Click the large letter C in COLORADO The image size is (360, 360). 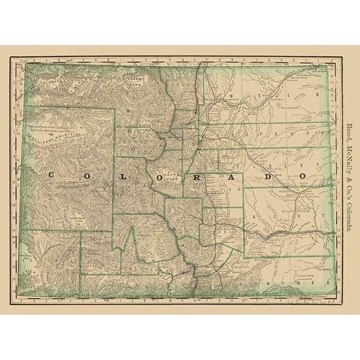tap(50, 175)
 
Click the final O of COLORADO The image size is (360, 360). tap(302, 175)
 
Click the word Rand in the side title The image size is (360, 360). tap(351, 130)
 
